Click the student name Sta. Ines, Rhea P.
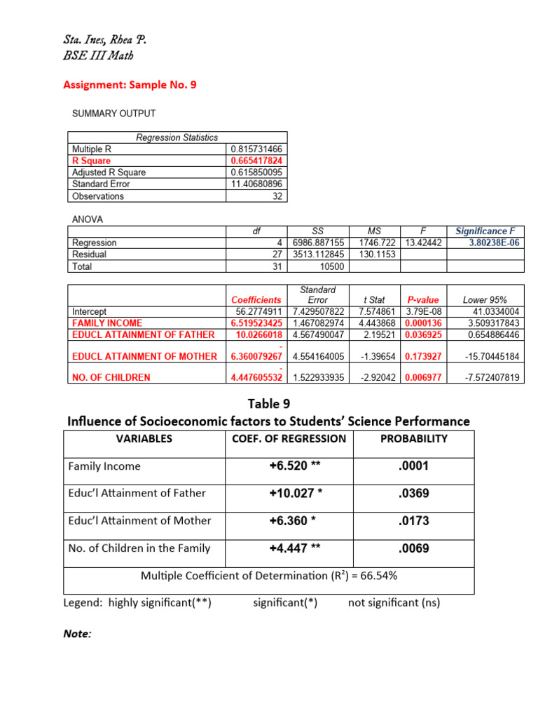pos(105,40)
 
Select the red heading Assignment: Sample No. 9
pos(130,85)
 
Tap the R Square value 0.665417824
pos(256,161)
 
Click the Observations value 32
pos(277,196)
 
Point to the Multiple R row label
pos(92,149)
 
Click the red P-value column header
pos(422,299)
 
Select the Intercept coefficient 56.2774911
pos(258,311)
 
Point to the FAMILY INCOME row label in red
pos(107,323)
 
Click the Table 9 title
pos(268,403)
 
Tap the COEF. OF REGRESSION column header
pos(289,439)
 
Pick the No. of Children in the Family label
pos(139,548)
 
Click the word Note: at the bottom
pos(77,634)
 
